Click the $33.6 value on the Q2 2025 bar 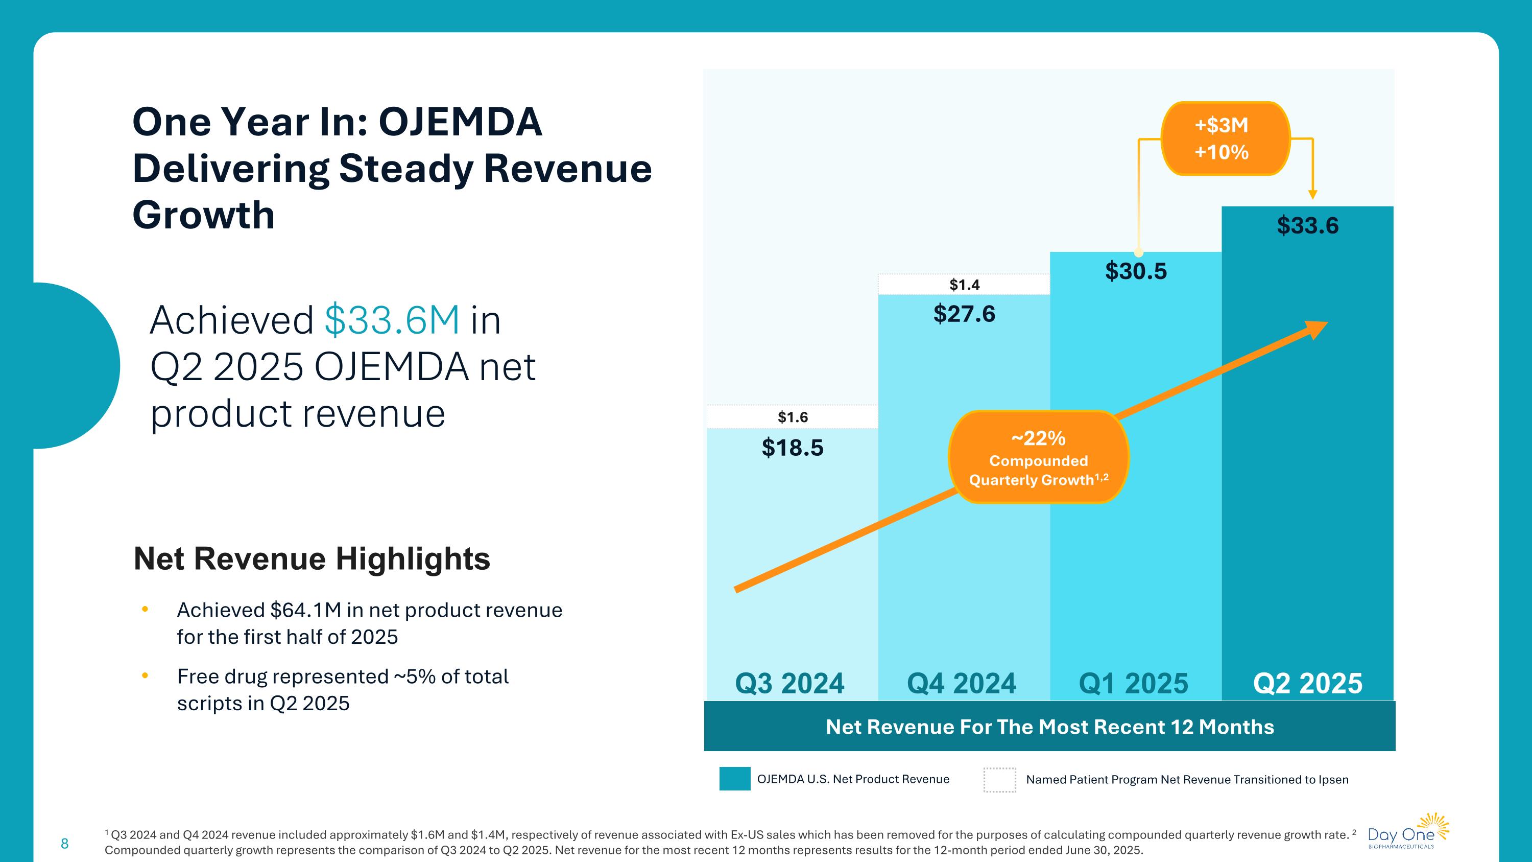[x=1307, y=226]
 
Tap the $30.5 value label [x=1136, y=271]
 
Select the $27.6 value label [x=964, y=314]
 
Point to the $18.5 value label [x=793, y=448]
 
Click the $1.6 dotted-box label [x=793, y=417]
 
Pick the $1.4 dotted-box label [x=964, y=285]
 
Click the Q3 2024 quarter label [x=790, y=683]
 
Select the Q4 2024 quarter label [x=962, y=683]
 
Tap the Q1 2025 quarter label [x=1134, y=683]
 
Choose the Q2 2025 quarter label [x=1308, y=683]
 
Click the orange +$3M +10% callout [x=1222, y=138]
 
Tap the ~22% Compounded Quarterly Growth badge [x=1038, y=457]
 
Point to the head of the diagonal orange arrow [x=1318, y=329]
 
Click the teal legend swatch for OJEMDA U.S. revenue [x=734, y=779]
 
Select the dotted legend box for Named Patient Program [x=999, y=780]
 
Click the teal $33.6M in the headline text [x=392, y=320]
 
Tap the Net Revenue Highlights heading [x=312, y=558]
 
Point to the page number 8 [x=65, y=843]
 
